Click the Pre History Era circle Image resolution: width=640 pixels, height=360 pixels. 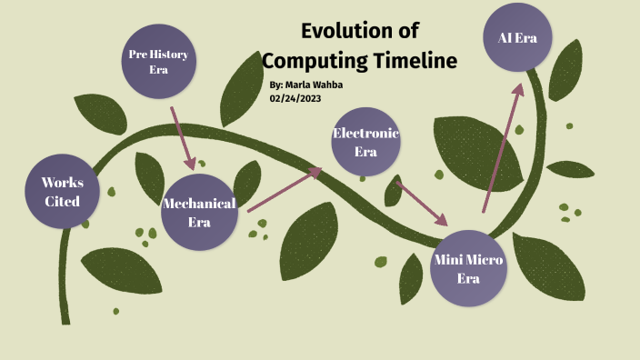pos(158,62)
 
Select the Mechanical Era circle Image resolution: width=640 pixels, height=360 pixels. pos(198,211)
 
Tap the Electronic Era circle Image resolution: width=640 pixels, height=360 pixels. pos(365,142)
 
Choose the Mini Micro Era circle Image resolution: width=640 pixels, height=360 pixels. pos(467,269)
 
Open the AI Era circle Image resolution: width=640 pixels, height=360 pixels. pos(516,38)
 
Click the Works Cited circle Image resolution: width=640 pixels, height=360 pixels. pos(62,192)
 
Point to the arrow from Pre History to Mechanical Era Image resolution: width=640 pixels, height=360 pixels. pos(182,138)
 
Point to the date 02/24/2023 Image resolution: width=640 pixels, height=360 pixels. pos(295,98)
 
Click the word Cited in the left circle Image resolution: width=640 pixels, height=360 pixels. pos(62,201)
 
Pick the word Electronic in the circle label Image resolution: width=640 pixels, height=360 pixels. pos(365,134)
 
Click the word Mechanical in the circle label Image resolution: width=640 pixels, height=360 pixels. pos(198,203)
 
